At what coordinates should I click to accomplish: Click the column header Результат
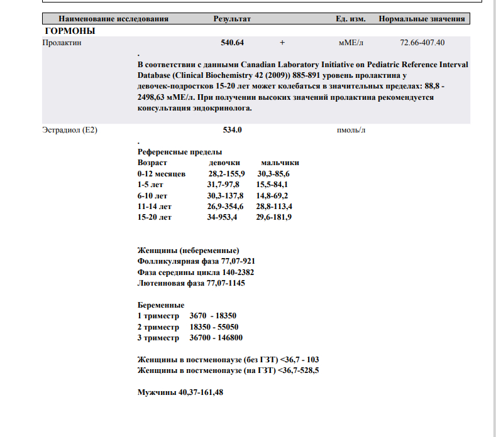[232, 19]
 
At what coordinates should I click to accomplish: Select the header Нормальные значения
[422, 19]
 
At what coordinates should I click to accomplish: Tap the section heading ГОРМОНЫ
[70, 31]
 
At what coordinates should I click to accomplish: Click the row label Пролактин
[62, 43]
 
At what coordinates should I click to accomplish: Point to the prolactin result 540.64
[230, 43]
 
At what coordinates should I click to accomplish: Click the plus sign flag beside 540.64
[282, 43]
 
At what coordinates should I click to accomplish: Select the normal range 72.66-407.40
[422, 43]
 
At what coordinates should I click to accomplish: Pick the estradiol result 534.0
[233, 130]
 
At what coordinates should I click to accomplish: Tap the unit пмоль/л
[351, 130]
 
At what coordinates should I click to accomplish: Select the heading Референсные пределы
[180, 152]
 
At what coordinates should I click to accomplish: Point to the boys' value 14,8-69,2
[272, 195]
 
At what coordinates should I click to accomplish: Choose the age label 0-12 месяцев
[162, 173]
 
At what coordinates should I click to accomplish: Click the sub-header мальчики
[280, 163]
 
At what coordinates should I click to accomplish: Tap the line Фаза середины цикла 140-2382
[196, 272]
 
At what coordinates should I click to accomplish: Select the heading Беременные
[161, 305]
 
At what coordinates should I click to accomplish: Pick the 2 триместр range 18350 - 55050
[214, 327]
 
